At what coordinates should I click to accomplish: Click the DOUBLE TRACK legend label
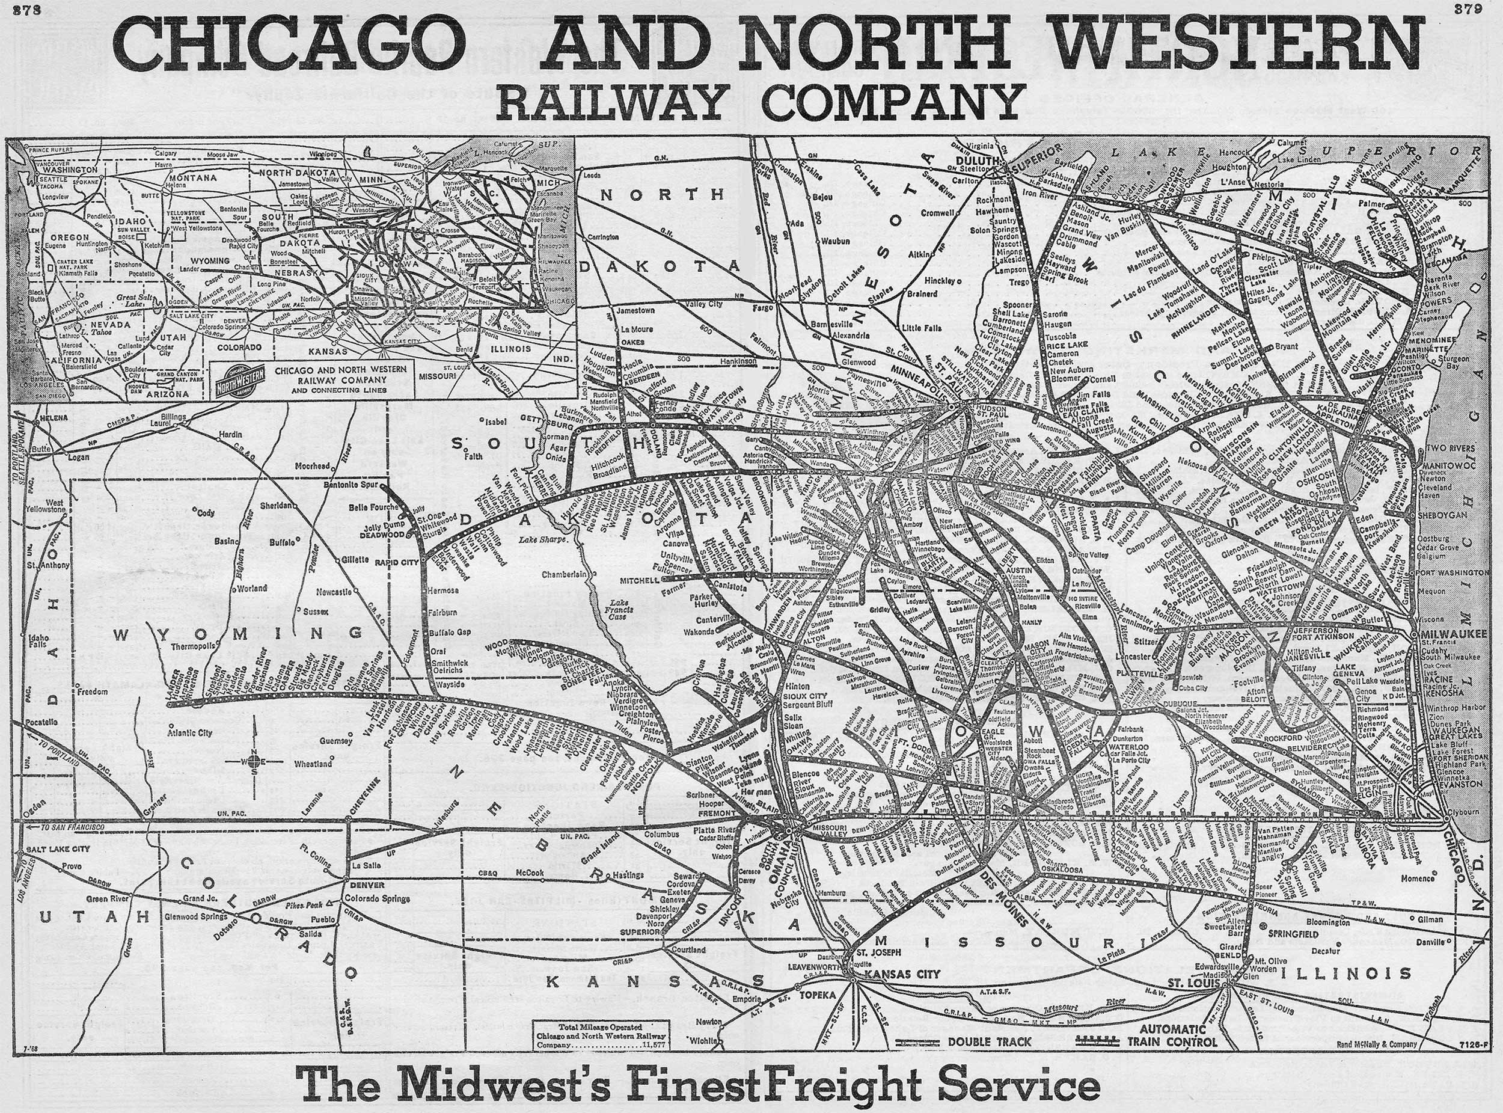989,1041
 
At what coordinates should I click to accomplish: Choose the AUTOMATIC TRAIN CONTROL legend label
1172,1035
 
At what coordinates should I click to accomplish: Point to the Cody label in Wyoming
206,513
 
